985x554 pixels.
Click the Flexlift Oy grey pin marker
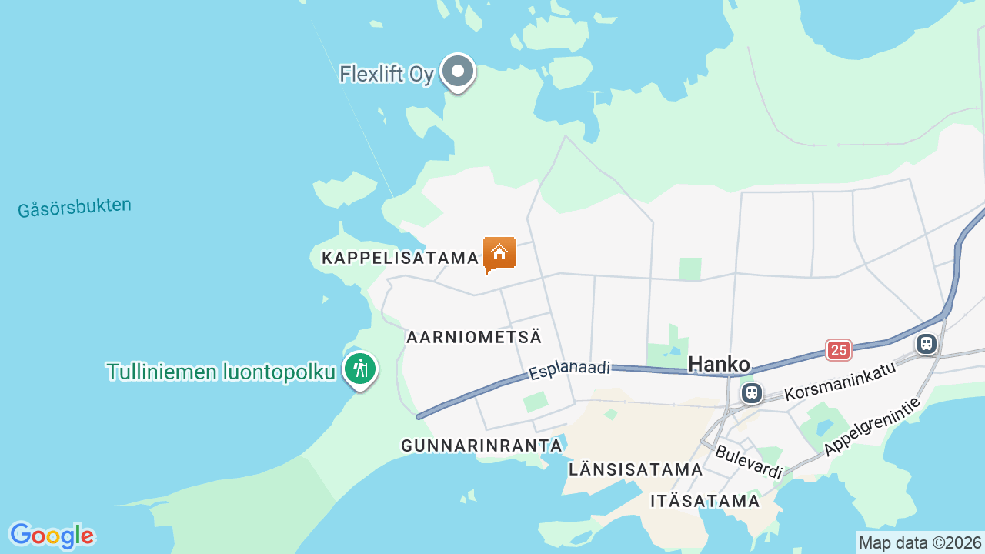pyautogui.click(x=458, y=72)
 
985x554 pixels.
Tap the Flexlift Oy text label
pyautogui.click(x=387, y=75)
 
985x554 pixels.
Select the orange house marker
pyautogui.click(x=499, y=253)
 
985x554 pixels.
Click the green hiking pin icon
pyautogui.click(x=360, y=369)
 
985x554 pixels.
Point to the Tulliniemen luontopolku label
pyautogui.click(x=222, y=372)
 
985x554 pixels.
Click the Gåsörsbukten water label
pyautogui.click(x=75, y=208)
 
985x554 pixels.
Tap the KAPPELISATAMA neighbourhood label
pyautogui.click(x=400, y=258)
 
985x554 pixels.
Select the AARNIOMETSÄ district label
pyautogui.click(x=474, y=337)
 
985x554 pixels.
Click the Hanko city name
pyautogui.click(x=719, y=364)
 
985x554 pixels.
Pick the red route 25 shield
pyautogui.click(x=839, y=350)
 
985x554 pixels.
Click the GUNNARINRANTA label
pyautogui.click(x=482, y=446)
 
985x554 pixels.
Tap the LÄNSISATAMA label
pyautogui.click(x=636, y=469)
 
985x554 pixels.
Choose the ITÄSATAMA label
pyautogui.click(x=705, y=501)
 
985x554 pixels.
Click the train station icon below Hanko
pyautogui.click(x=752, y=393)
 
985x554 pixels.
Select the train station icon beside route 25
pyautogui.click(x=927, y=343)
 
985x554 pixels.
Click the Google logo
pyautogui.click(x=52, y=536)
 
